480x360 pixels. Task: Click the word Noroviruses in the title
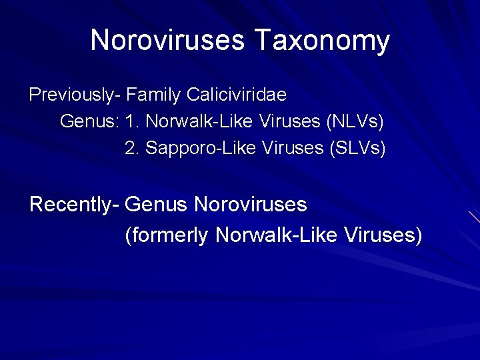click(x=167, y=41)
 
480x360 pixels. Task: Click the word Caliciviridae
click(x=237, y=95)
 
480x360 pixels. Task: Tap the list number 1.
click(x=132, y=122)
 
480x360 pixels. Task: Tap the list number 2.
click(x=132, y=148)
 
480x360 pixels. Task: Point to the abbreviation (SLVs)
click(x=359, y=148)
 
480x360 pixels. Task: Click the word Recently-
click(x=74, y=204)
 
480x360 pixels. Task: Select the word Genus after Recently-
click(x=157, y=204)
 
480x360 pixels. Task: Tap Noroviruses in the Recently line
click(x=251, y=204)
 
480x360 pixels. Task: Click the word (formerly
click(x=167, y=235)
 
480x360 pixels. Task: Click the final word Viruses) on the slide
click(x=383, y=235)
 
